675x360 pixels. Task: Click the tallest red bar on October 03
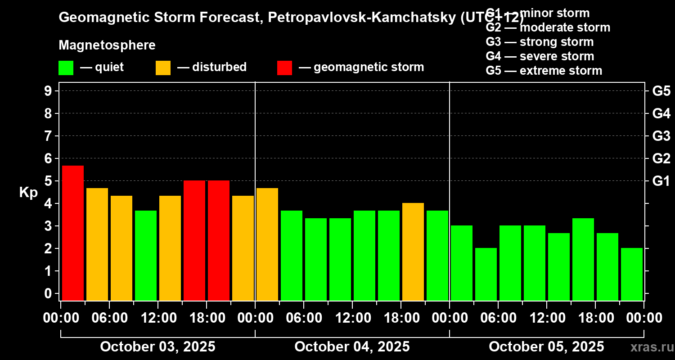click(x=72, y=233)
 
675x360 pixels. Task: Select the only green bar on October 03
click(x=145, y=255)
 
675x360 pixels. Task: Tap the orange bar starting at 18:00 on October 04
click(x=413, y=252)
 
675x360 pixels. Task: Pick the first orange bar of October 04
click(x=267, y=244)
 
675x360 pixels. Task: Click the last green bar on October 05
click(x=631, y=274)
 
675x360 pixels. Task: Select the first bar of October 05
click(x=461, y=263)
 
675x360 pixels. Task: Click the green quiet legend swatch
click(x=66, y=67)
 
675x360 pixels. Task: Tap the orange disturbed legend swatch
click(x=163, y=67)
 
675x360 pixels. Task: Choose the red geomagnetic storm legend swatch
click(x=284, y=67)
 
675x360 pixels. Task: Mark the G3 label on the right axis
click(x=661, y=136)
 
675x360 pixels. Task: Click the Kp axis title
click(x=28, y=193)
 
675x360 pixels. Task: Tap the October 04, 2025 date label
click(x=352, y=346)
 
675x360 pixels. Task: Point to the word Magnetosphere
click(x=107, y=45)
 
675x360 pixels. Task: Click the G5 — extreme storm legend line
click(x=544, y=71)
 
